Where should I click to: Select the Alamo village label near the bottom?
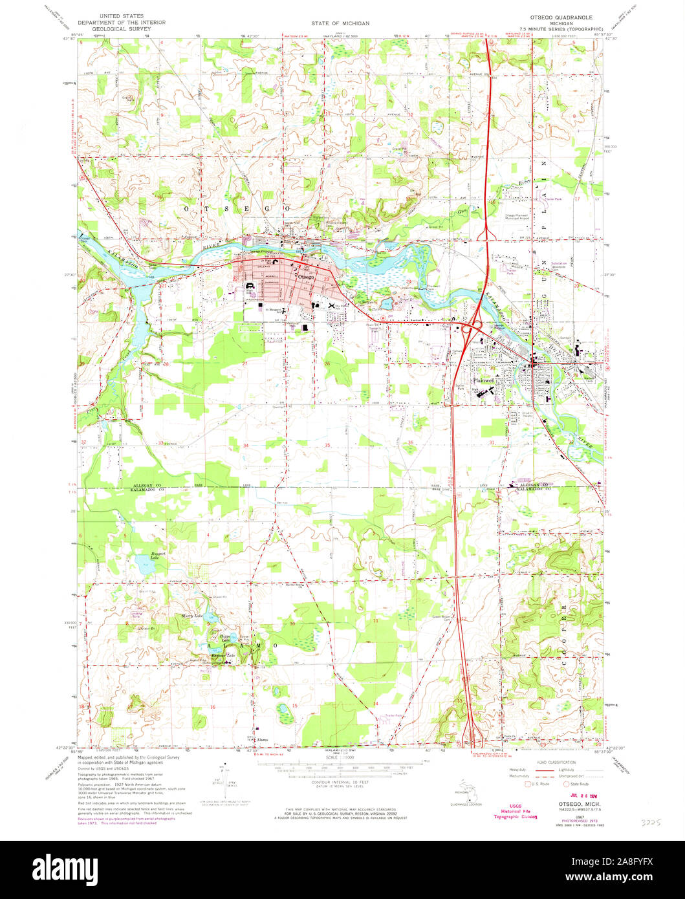[261, 739]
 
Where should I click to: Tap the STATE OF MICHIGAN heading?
[340, 23]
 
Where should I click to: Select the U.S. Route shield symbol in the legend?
[527, 784]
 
